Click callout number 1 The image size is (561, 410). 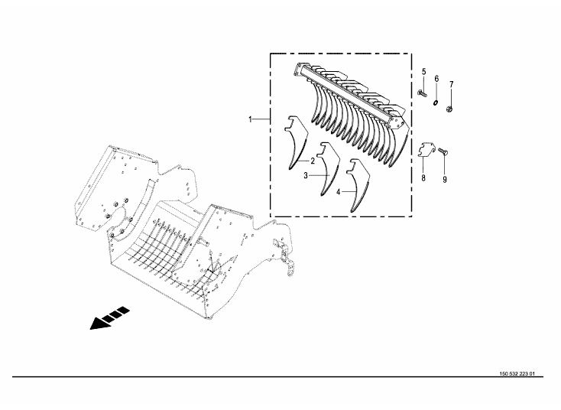tap(251, 119)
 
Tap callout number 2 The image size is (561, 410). tap(313, 161)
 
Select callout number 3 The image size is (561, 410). tap(306, 175)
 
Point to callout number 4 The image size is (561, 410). tap(338, 192)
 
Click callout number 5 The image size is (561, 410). tap(424, 72)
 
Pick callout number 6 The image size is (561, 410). tap(436, 79)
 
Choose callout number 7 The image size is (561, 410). tap(452, 84)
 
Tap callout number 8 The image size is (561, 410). tap(423, 177)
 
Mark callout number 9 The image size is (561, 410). tap(445, 180)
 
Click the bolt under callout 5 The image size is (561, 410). tap(422, 94)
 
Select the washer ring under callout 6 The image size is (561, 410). tap(436, 103)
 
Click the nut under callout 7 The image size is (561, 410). tap(450, 107)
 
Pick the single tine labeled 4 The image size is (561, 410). tap(358, 185)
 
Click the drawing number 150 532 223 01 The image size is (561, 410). tap(517, 374)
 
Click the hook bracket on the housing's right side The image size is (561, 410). tap(285, 256)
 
